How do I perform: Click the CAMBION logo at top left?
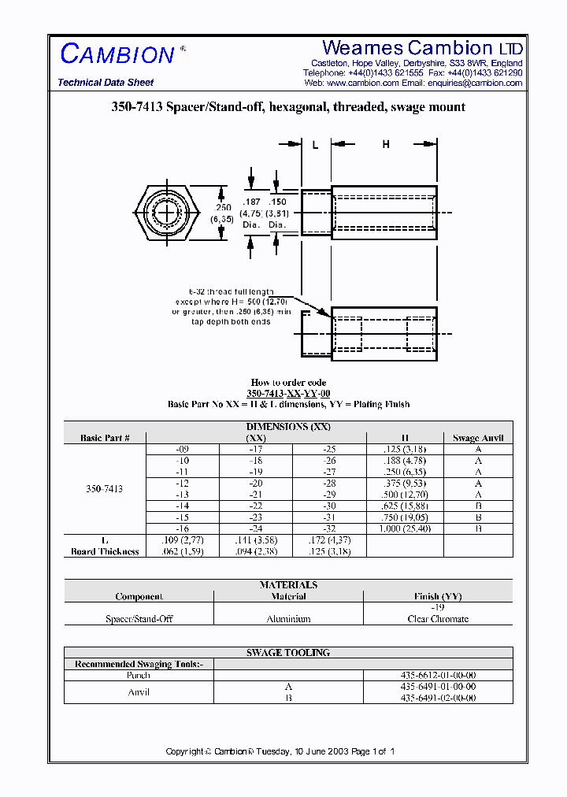click(x=117, y=54)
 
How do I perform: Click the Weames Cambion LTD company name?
click(x=422, y=48)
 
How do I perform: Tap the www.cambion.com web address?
click(x=363, y=83)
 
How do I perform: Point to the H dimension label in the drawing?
click(x=386, y=144)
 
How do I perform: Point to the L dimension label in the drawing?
click(x=316, y=144)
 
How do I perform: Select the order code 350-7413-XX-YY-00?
click(x=288, y=393)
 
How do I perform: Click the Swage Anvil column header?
click(x=478, y=438)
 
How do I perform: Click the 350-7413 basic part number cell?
click(x=104, y=489)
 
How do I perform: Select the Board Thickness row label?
click(x=105, y=551)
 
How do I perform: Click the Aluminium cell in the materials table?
click(x=288, y=619)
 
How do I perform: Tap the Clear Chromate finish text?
click(x=438, y=619)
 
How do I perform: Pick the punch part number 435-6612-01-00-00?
click(x=438, y=676)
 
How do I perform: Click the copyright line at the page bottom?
click(x=280, y=751)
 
